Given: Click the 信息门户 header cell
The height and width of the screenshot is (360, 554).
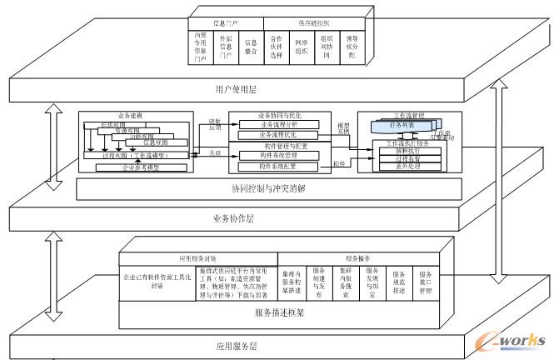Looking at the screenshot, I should (227, 22).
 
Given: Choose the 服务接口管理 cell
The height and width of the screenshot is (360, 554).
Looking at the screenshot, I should (425, 282).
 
